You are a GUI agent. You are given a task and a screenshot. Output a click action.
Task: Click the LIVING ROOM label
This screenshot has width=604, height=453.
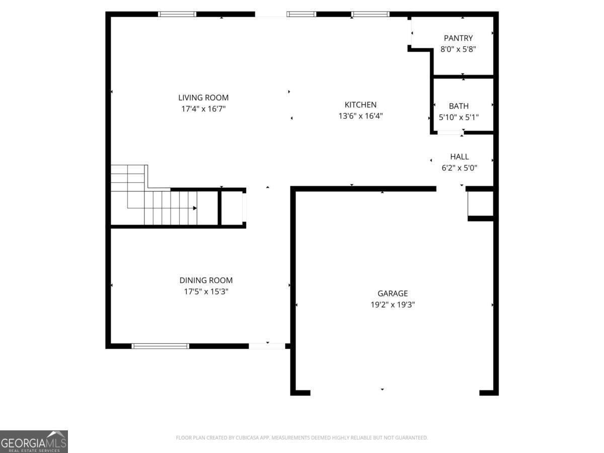[203, 98]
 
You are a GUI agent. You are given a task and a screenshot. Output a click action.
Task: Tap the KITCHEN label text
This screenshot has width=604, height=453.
[360, 105]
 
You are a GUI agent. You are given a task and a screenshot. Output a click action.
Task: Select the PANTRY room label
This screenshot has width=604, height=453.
[458, 38]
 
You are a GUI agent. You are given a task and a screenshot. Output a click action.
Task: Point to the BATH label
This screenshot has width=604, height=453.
[459, 106]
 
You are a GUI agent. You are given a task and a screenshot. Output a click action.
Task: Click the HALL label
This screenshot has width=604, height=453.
[459, 157]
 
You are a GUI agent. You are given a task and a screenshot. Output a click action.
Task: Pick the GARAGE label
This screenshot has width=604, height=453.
[393, 293]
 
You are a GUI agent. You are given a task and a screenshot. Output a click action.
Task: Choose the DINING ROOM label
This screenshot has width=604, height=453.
[206, 280]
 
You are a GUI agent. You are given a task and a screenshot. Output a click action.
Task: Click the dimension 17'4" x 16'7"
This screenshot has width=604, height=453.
[203, 109]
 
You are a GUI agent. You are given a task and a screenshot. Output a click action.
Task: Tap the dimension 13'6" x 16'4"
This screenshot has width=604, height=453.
[360, 116]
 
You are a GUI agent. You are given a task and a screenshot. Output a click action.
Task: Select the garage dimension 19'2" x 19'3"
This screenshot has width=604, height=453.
[393, 305]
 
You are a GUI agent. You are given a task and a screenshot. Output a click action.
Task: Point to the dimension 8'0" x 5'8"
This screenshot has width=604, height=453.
[458, 49]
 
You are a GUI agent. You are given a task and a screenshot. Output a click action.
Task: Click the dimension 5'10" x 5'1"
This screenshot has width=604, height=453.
[459, 117]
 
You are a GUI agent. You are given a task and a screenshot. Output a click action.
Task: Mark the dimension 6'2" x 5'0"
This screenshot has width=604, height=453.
[459, 168]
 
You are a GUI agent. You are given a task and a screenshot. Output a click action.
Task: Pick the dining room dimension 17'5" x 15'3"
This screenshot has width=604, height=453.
[206, 291]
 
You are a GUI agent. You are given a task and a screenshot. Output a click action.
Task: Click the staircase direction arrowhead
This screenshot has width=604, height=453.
[194, 208]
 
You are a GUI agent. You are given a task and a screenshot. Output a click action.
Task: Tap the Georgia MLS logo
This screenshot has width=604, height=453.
[34, 441]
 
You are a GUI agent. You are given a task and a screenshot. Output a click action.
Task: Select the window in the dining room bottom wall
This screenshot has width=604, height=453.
[160, 346]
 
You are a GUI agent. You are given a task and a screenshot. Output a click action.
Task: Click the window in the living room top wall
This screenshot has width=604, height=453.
[177, 14]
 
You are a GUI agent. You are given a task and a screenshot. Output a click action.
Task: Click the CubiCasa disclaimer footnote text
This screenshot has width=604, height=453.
[301, 438]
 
